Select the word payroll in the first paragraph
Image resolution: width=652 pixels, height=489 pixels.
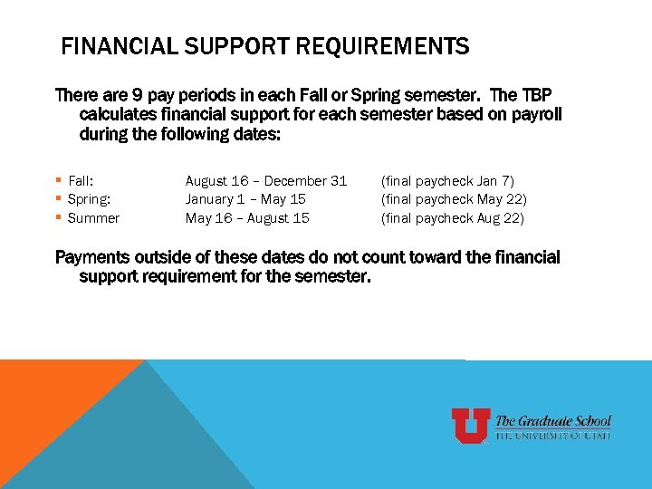pyautogui.click(x=535, y=115)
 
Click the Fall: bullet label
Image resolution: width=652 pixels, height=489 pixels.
pyautogui.click(x=81, y=181)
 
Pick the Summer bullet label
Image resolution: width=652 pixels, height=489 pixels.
pyautogui.click(x=93, y=218)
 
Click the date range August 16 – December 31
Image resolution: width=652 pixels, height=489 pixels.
pyautogui.click(x=266, y=181)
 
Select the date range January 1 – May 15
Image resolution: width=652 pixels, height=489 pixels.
pyautogui.click(x=244, y=199)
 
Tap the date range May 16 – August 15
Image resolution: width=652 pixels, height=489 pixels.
pyautogui.click(x=247, y=218)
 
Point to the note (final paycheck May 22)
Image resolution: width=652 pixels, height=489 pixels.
pyautogui.click(x=454, y=199)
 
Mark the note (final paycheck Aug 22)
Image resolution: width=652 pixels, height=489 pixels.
pyautogui.click(x=453, y=218)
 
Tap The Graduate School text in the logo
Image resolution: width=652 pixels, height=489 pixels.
pyautogui.click(x=553, y=421)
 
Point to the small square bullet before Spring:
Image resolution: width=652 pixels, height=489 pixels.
pyautogui.click(x=59, y=199)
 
